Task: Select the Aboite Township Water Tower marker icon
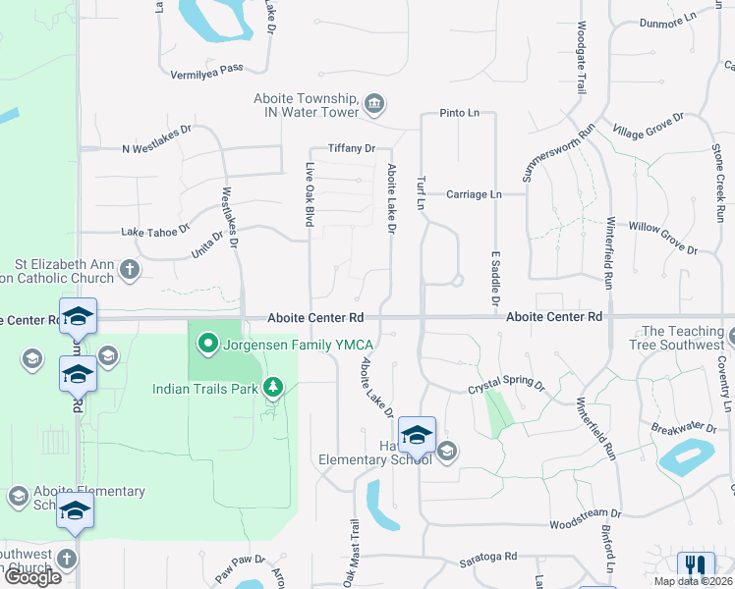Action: coord(373,104)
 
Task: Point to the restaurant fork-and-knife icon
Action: coord(696,566)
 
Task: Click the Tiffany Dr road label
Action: coord(352,148)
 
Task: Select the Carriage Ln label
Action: coord(474,194)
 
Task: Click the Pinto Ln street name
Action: coord(460,113)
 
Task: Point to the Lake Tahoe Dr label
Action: coord(155,232)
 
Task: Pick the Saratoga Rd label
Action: coord(488,558)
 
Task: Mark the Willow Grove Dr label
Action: coord(662,239)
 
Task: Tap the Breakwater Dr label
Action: coord(684,427)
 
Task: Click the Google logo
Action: coord(32,577)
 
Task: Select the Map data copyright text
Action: coord(694,581)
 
